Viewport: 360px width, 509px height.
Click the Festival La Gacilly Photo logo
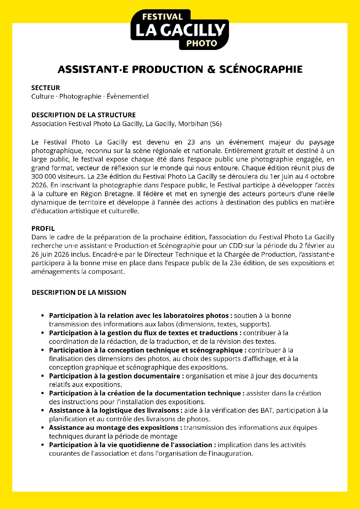(x=179, y=30)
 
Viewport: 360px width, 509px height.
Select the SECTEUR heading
(x=46, y=88)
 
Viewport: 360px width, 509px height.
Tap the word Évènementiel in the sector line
(x=127, y=96)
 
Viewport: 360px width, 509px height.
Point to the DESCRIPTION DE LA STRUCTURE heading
(x=83, y=115)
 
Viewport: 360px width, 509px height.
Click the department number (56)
(x=216, y=124)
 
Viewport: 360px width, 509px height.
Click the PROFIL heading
(x=43, y=228)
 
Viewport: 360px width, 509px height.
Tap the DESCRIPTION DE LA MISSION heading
(x=79, y=292)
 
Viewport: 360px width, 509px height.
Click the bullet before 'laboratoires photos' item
(x=42, y=316)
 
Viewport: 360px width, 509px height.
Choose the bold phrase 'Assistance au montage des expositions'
(x=114, y=427)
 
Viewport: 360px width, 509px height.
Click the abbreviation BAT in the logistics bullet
(x=267, y=410)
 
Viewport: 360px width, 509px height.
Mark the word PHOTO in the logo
(x=202, y=43)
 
